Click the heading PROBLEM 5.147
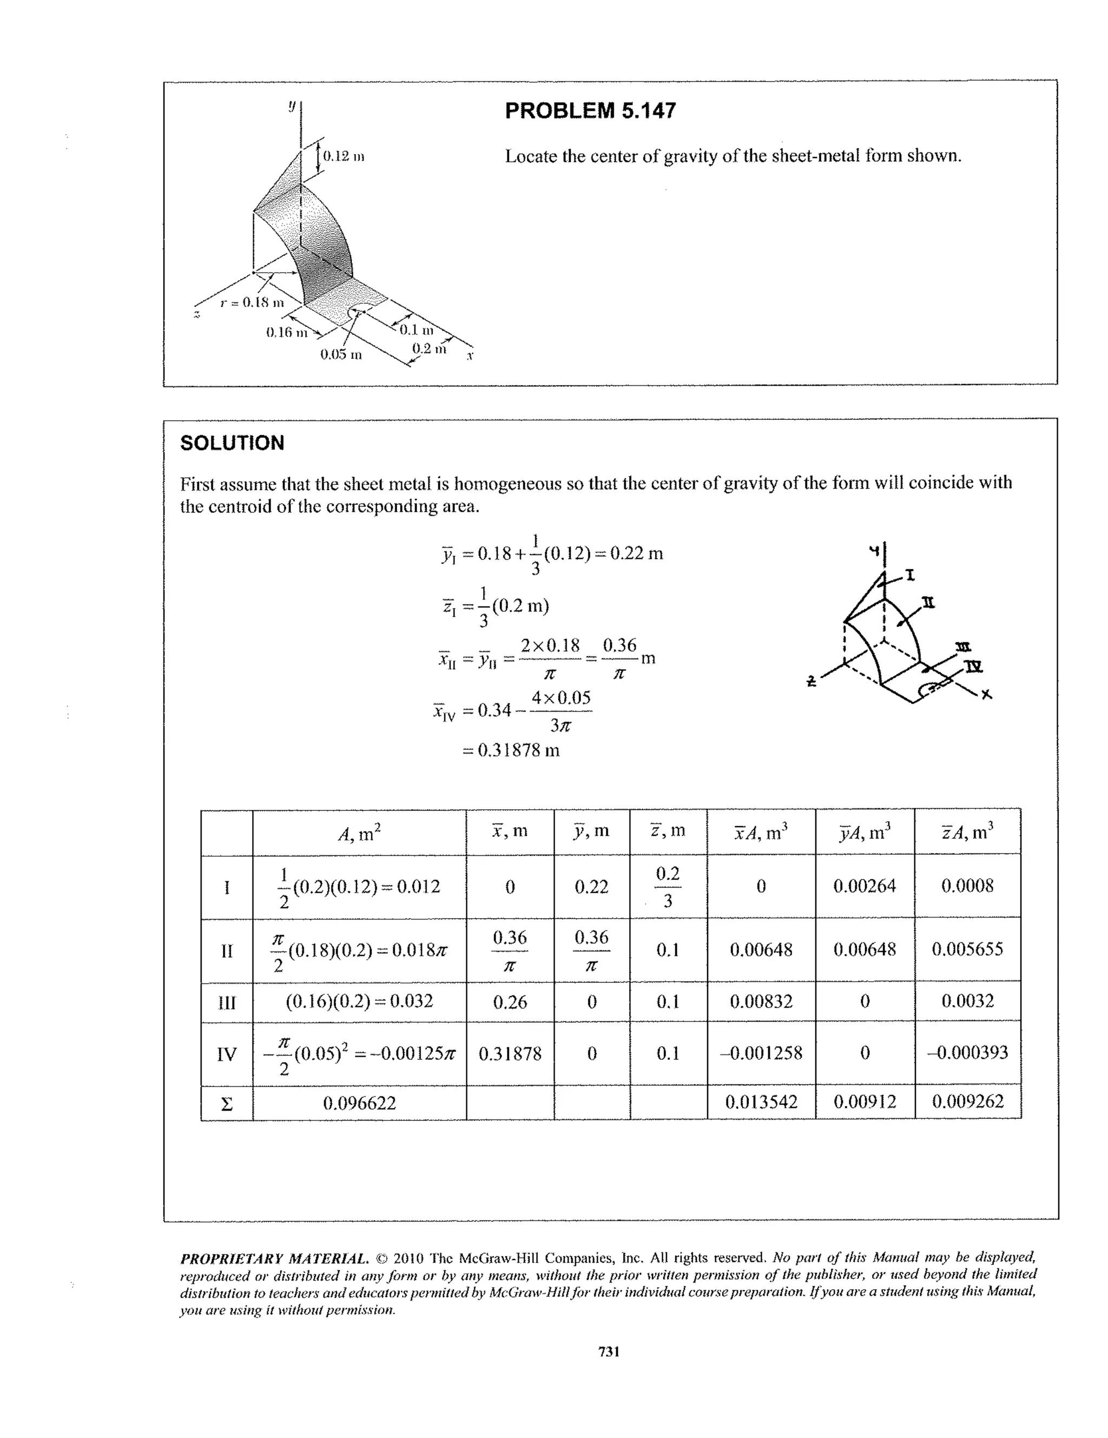590,110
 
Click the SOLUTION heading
233,443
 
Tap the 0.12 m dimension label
343,157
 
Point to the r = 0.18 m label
252,302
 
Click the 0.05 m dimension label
341,355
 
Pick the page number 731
608,1352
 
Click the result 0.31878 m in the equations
511,750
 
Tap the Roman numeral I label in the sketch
910,576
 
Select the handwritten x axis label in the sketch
986,695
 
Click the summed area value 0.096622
359,1103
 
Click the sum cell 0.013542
761,1102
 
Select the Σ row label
227,1104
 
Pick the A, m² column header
359,834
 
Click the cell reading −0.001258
761,1053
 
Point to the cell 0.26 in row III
510,1002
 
